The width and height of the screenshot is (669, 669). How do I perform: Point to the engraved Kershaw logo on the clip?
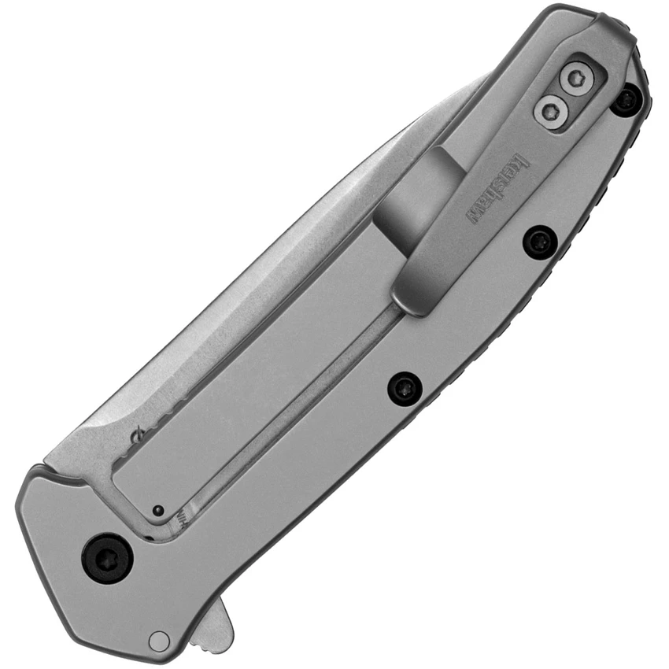click(499, 187)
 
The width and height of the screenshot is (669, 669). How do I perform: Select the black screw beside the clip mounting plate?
click(627, 100)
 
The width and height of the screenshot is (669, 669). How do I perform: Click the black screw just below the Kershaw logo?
click(540, 241)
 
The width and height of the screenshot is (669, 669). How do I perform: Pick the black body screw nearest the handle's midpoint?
click(405, 387)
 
